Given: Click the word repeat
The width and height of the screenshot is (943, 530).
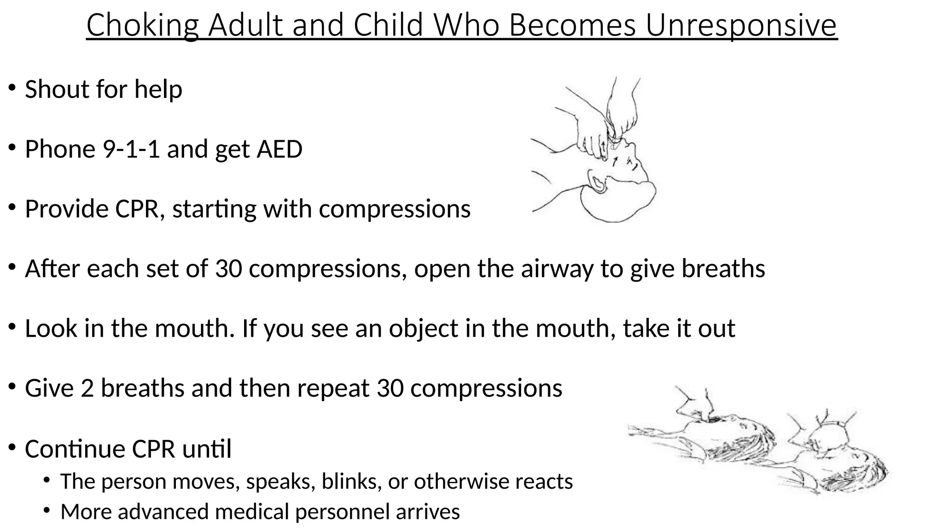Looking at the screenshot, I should tap(333, 388).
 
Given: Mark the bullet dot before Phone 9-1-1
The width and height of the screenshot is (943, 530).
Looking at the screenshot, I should tap(12, 148).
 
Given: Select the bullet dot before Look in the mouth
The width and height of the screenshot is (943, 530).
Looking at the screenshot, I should tap(12, 327).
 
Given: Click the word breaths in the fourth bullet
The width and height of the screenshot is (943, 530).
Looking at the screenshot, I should tap(723, 269).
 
